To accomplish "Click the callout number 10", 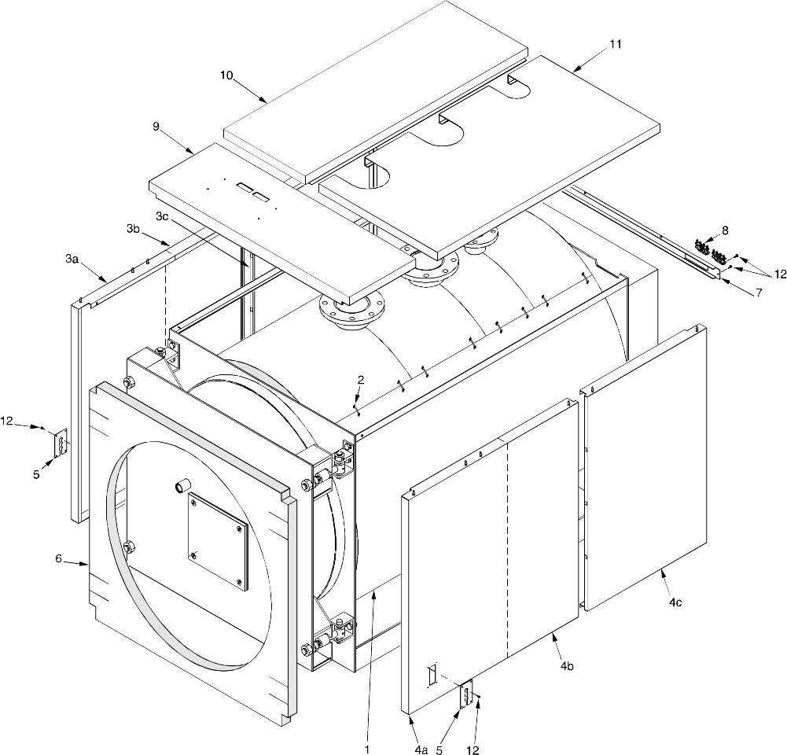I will point(226,75).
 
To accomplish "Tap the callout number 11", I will point(615,45).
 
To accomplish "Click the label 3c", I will point(162,215).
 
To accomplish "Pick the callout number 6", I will point(58,558).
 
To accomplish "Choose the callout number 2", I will point(359,380).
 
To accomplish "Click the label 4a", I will point(421,729).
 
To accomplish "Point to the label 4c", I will point(675,602).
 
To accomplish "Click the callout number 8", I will point(725,230).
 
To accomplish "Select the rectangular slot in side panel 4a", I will point(430,674).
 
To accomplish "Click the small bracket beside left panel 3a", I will point(60,443).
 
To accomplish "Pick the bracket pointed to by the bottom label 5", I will point(467,694).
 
